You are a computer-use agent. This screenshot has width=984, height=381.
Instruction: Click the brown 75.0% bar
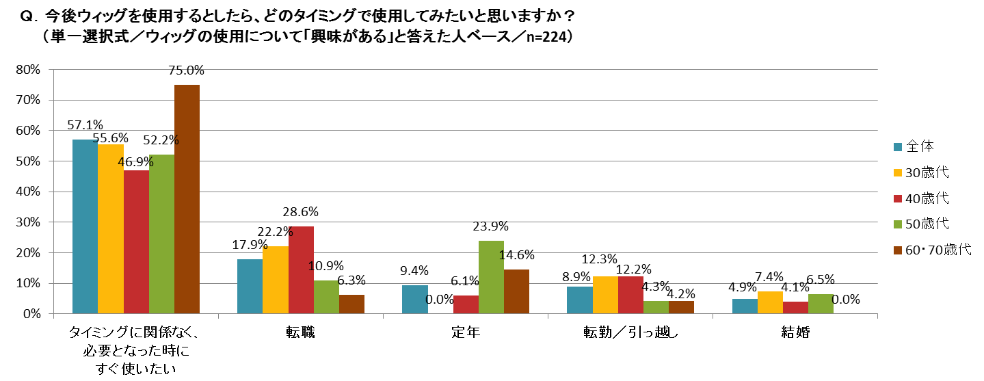pyautogui.click(x=187, y=199)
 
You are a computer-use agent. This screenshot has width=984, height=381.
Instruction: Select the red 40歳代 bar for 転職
pyautogui.click(x=301, y=270)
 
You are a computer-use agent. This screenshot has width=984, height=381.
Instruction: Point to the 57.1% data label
pyautogui.click(x=85, y=124)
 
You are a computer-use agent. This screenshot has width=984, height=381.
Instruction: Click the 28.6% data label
pyautogui.click(x=302, y=212)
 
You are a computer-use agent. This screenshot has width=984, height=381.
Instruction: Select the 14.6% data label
pyautogui.click(x=517, y=255)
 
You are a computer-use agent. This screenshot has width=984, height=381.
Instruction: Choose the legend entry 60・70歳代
pyautogui.click(x=938, y=249)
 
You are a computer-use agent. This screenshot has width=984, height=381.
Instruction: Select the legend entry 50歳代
pyautogui.click(x=927, y=224)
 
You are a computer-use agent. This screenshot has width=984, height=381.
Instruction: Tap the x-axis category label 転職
pyautogui.click(x=301, y=333)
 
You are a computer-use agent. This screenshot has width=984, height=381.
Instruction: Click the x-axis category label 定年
pyautogui.click(x=466, y=333)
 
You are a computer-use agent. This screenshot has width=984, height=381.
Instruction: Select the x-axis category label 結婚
pyautogui.click(x=795, y=333)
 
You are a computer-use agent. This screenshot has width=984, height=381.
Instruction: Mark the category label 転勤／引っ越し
pyautogui.click(x=630, y=333)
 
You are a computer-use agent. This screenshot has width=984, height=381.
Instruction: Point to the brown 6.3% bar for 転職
pyautogui.click(x=351, y=304)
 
